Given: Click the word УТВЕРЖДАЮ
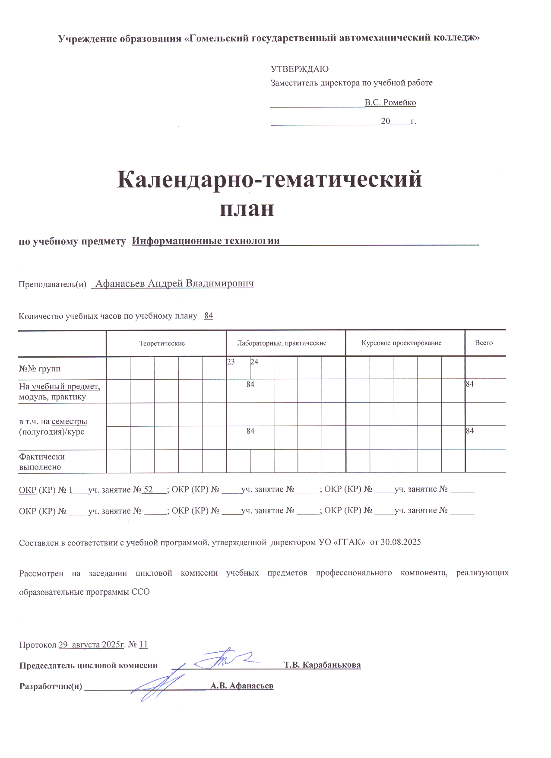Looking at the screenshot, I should (x=299, y=69).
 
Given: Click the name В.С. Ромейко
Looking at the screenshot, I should (x=390, y=103).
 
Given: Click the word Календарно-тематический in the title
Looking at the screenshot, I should (x=269, y=180).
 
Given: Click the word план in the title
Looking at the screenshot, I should (x=247, y=209).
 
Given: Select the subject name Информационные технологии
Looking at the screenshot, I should (x=206, y=241).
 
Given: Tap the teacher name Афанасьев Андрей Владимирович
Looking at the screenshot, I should (x=174, y=284).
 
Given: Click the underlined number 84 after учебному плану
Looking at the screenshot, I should (x=209, y=316).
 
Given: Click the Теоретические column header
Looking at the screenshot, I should (x=162, y=343).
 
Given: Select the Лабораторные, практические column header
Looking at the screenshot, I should (x=282, y=343).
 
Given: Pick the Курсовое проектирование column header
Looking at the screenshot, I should (x=402, y=343).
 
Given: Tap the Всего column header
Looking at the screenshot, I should (x=484, y=343).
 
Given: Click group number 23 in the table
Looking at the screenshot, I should (x=231, y=362).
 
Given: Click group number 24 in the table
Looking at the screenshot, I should (x=254, y=362).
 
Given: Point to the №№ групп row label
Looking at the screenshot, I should (x=40, y=369).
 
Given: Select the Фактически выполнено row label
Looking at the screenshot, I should (x=42, y=462).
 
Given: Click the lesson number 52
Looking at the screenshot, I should (x=148, y=490).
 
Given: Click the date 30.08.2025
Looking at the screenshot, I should (x=401, y=542).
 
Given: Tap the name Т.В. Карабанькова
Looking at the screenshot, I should (x=322, y=665).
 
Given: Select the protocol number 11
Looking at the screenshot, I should (x=143, y=645).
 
